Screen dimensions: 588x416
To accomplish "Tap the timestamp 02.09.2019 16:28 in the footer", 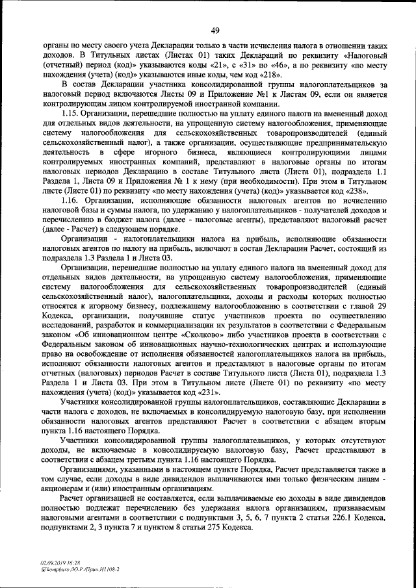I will click(x=58, y=563).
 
